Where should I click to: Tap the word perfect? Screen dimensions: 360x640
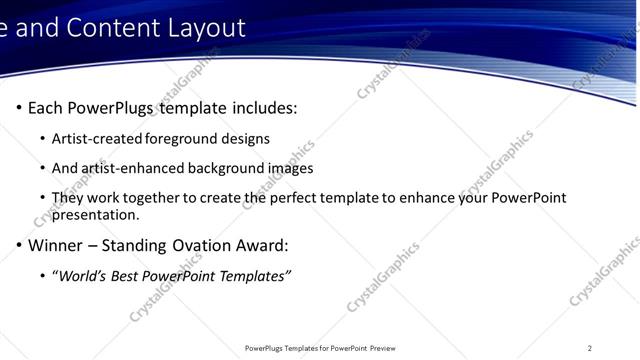tap(301, 198)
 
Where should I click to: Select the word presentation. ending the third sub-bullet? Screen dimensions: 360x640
tap(96, 214)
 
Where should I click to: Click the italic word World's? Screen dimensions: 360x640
tap(83, 276)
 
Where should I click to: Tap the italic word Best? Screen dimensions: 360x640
tap(127, 276)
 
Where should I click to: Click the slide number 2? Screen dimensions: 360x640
tap(590, 348)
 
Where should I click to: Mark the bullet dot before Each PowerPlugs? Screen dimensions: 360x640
tap(19, 108)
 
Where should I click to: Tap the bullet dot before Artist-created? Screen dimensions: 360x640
tap(42, 139)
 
